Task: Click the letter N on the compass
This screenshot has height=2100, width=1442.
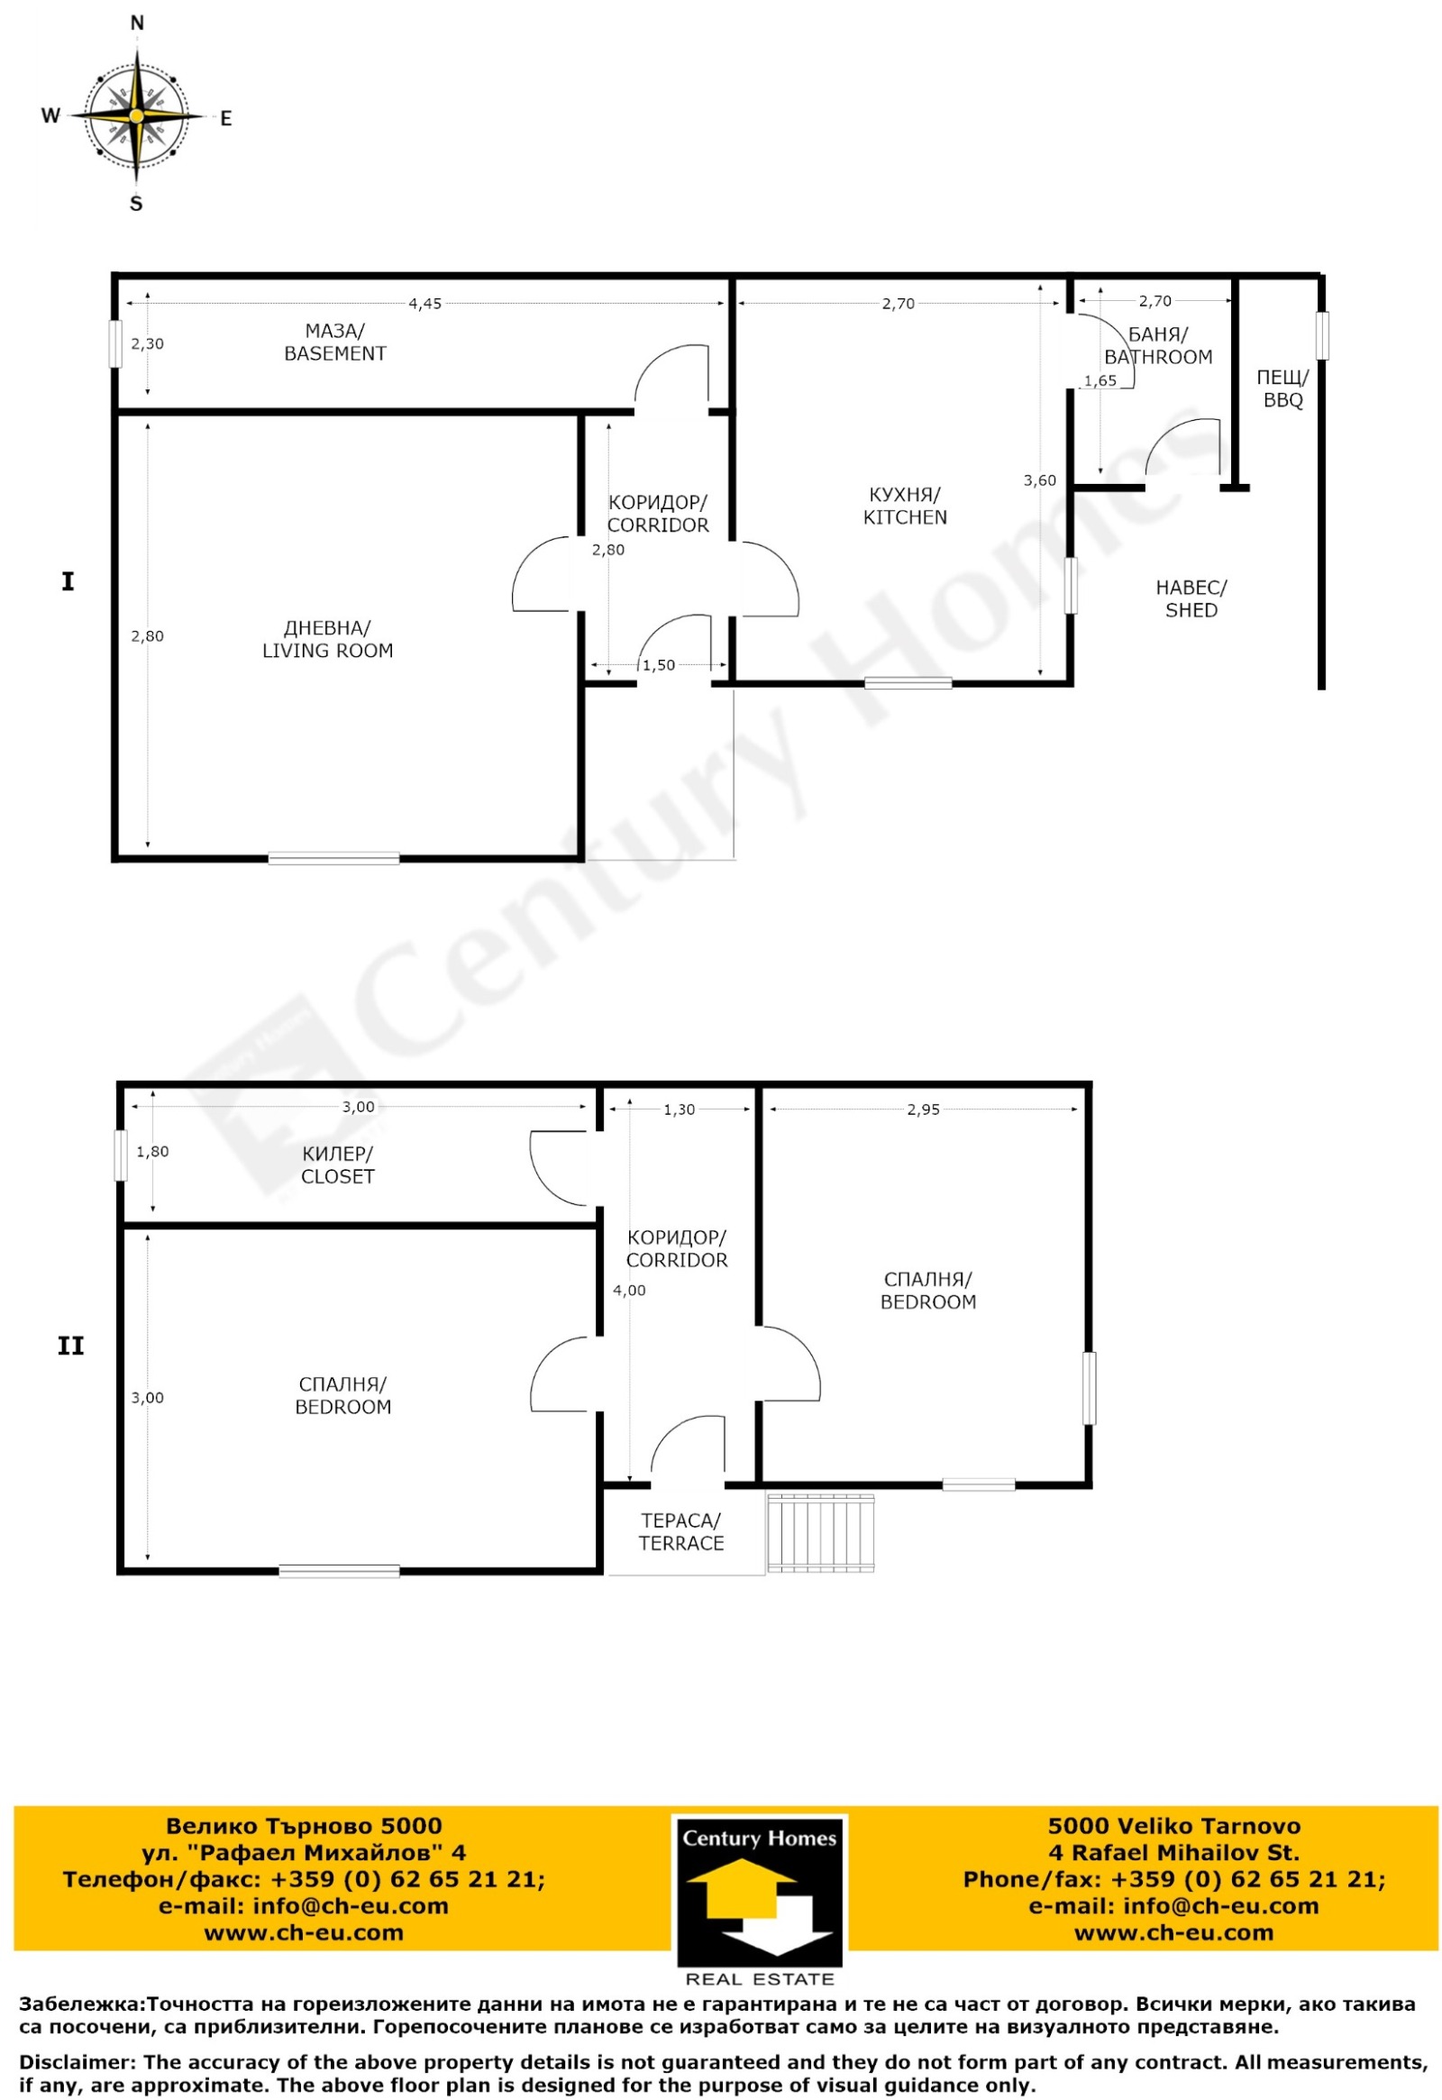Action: (x=137, y=23)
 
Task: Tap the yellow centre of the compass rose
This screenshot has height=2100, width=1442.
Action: (x=136, y=116)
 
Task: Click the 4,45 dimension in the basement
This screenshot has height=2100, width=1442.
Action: (x=424, y=305)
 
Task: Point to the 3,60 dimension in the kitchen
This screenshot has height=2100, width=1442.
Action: (x=1039, y=480)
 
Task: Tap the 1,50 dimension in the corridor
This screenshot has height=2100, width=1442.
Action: (x=659, y=665)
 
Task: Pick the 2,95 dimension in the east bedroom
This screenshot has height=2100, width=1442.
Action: (x=924, y=1109)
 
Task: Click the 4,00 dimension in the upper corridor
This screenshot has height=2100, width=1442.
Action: (x=630, y=1291)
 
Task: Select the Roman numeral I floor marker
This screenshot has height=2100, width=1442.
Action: (x=68, y=582)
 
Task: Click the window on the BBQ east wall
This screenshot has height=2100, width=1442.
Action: (x=1322, y=335)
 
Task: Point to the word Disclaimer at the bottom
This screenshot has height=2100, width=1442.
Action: (x=76, y=2062)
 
